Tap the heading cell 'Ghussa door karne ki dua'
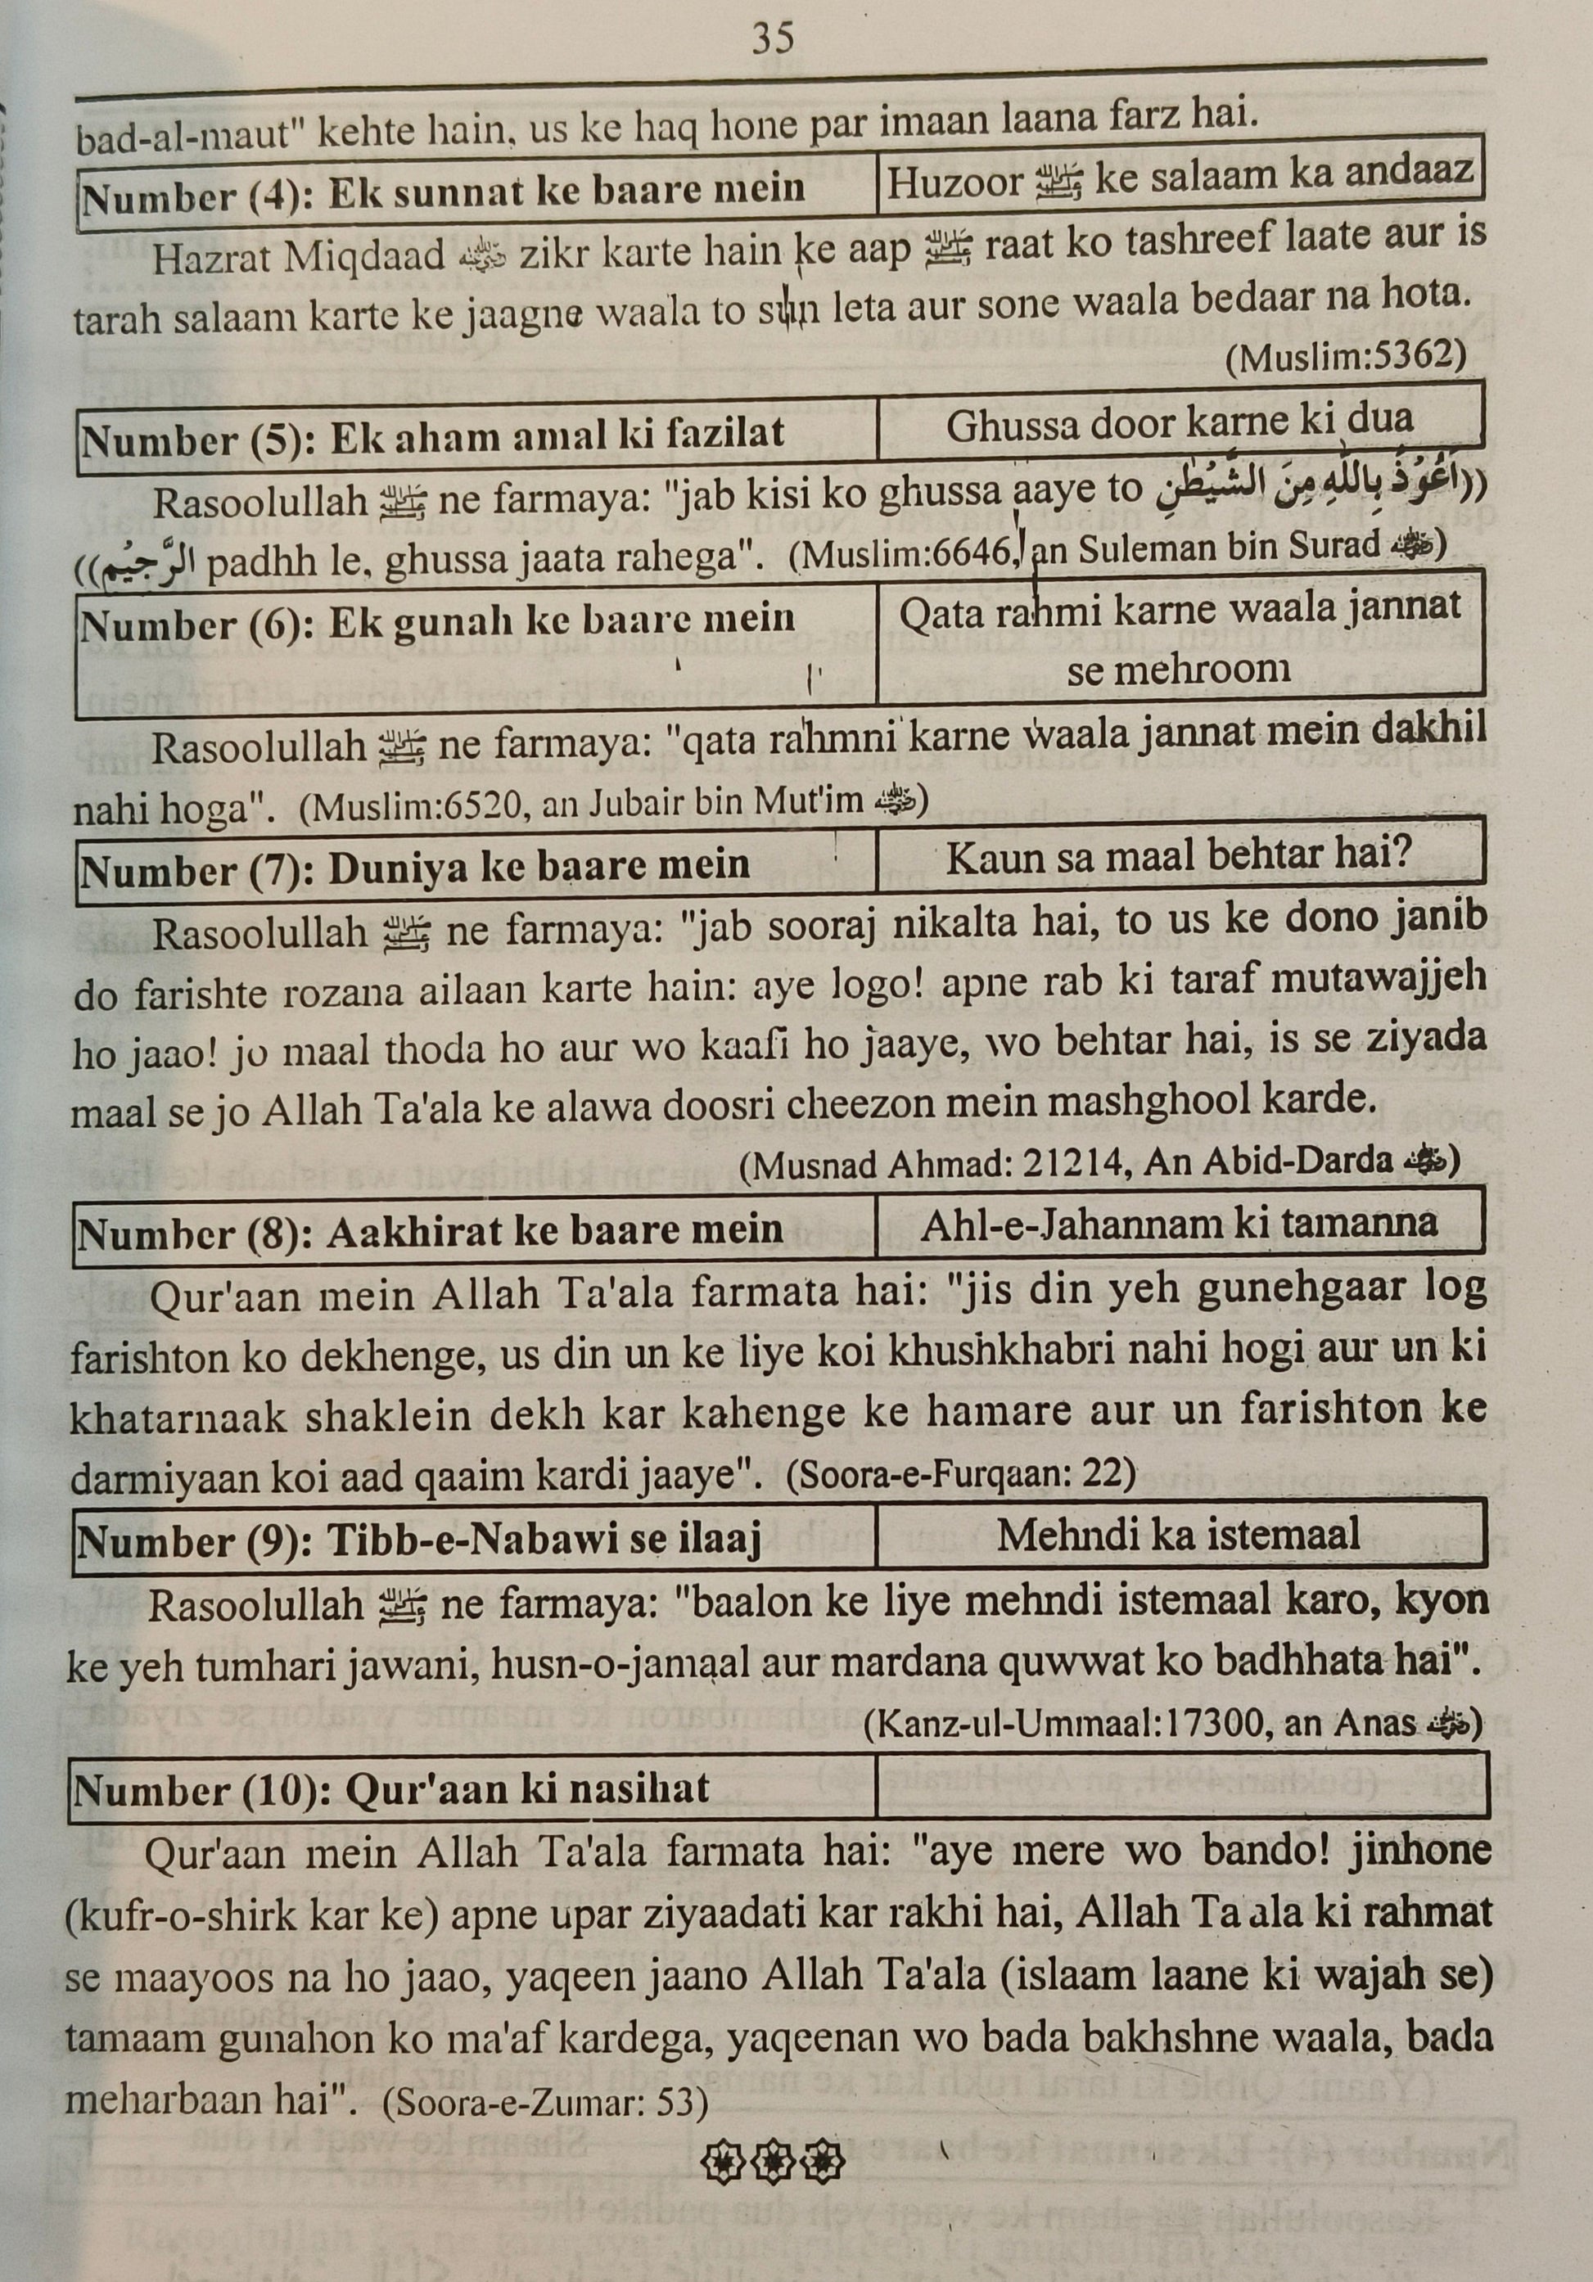(x=1180, y=424)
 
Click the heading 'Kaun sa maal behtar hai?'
(x=1179, y=857)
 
